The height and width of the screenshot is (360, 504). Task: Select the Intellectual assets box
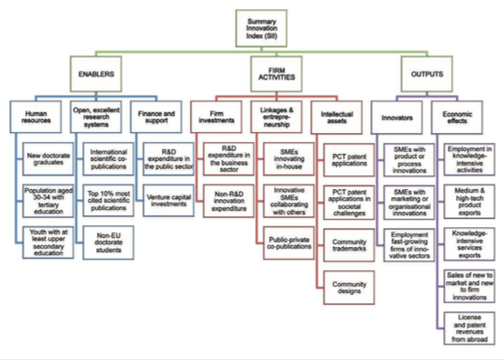(x=341, y=115)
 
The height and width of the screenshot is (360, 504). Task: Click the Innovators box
(x=399, y=115)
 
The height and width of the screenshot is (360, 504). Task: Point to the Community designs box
(x=348, y=289)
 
